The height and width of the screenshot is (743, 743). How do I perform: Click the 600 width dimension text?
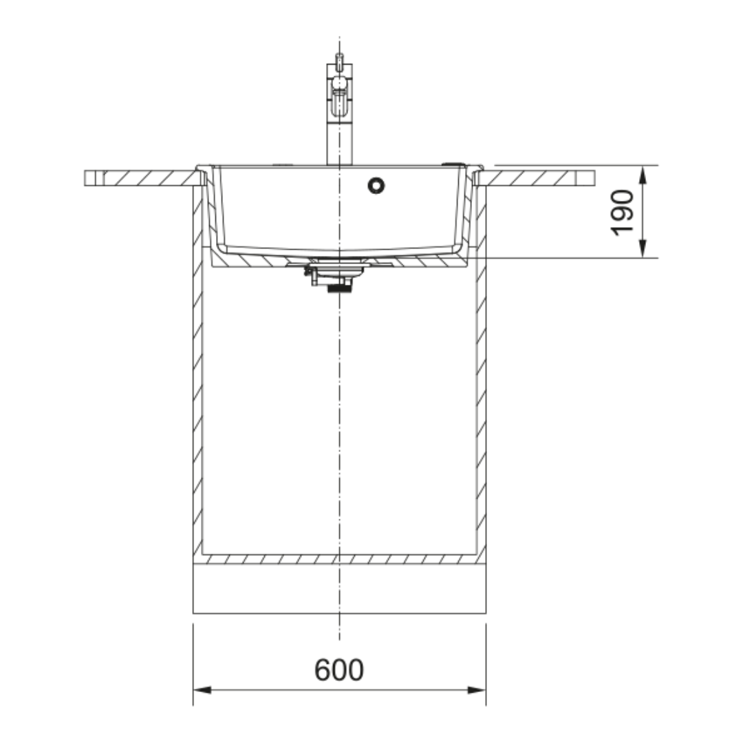tap(339, 670)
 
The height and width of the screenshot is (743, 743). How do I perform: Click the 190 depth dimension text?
tap(622, 213)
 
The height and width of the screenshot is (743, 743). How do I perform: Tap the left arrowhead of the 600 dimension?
tap(202, 690)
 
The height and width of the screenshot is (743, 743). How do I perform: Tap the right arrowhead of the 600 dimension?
tap(477, 690)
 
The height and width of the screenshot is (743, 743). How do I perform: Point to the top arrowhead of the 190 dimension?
tap(643, 175)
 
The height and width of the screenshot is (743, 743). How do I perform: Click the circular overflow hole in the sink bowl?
tap(376, 186)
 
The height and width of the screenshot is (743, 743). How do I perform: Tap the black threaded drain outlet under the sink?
tap(340, 287)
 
